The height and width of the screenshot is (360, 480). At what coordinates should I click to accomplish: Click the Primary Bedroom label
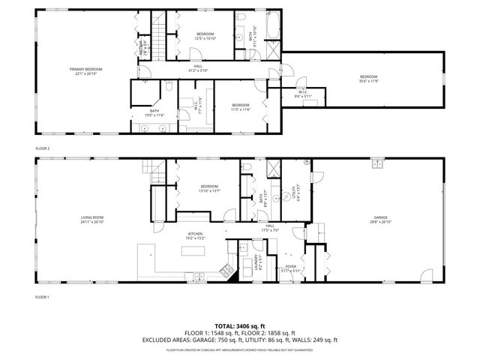[x=88, y=71]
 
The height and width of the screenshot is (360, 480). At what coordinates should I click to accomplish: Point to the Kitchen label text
[x=196, y=235]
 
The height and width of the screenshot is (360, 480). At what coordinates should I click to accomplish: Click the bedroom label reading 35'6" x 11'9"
[x=367, y=79]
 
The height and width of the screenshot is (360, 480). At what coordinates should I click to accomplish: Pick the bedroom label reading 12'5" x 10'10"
[x=205, y=36]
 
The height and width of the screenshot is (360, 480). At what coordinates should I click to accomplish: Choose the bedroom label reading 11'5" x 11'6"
[x=240, y=106]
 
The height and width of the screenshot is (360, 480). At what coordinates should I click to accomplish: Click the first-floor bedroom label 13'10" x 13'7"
[x=209, y=188]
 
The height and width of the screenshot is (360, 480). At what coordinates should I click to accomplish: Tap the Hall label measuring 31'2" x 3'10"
[x=198, y=68]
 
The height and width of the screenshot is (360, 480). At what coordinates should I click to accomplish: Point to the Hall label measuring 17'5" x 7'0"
[x=270, y=228]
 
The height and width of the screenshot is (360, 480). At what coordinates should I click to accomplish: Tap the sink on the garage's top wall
[x=379, y=163]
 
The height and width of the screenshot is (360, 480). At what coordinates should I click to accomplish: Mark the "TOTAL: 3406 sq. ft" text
[x=240, y=326]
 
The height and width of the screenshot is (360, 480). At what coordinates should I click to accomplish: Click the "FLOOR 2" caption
[x=43, y=148]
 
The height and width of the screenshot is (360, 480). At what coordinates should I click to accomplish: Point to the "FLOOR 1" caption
[x=43, y=298]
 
